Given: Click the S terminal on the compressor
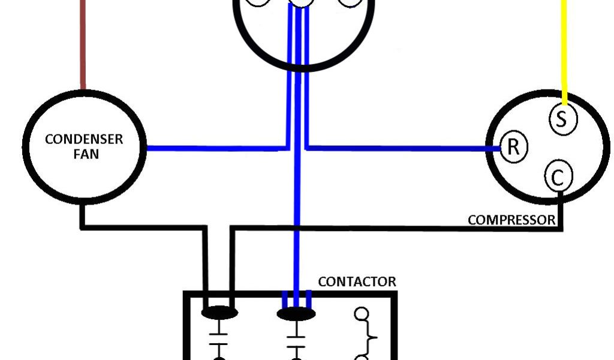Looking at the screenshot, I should point(562,119).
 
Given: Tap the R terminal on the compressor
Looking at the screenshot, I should point(513,147).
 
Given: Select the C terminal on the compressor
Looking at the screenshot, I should point(558,177).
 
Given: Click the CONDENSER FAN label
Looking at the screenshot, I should point(84,146).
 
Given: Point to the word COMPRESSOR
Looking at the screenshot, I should point(511,220).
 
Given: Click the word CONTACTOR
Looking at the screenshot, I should point(357,281).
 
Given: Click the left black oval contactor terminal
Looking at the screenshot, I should point(219,313).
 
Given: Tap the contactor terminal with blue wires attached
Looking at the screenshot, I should point(296,314).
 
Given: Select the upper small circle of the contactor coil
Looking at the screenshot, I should point(362,314).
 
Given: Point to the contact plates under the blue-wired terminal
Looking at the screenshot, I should point(296,338).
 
